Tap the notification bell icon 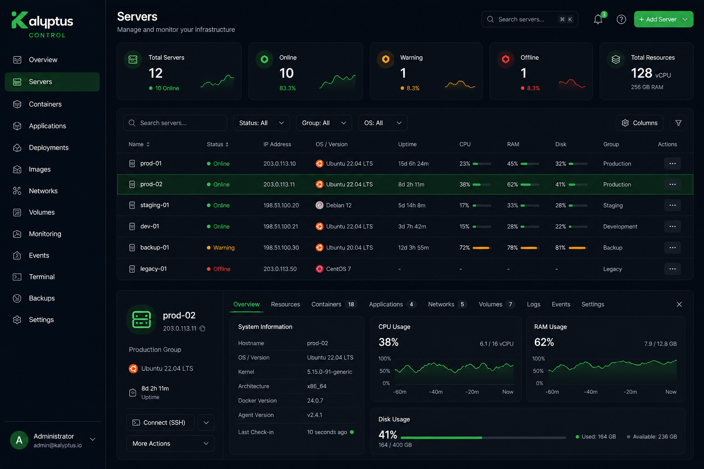(x=598, y=20)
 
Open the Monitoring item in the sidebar (x=45, y=234)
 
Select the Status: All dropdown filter (x=261, y=123)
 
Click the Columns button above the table (x=639, y=123)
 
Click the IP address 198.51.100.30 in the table (x=281, y=247)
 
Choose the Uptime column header (x=407, y=144)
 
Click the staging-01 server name (x=154, y=205)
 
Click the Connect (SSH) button (x=160, y=422)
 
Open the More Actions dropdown (x=170, y=443)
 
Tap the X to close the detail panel (x=679, y=305)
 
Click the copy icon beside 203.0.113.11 (x=203, y=328)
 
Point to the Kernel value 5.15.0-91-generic (x=330, y=372)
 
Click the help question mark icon (x=621, y=20)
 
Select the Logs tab (x=533, y=305)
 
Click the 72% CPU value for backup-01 (x=464, y=247)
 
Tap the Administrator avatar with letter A (x=19, y=440)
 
